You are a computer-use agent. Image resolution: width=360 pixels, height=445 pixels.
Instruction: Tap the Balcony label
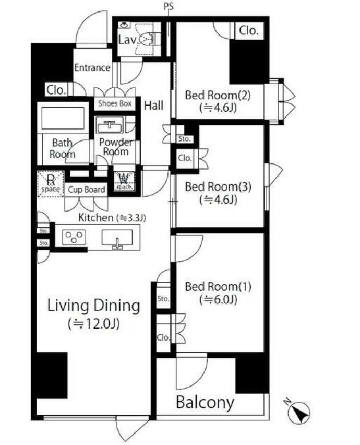[x=205, y=402]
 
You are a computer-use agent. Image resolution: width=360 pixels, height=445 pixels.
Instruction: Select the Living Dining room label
[x=93, y=306]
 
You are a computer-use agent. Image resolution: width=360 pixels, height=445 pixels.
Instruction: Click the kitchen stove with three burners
[x=74, y=237]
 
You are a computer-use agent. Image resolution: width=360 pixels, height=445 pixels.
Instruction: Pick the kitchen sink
[x=117, y=238]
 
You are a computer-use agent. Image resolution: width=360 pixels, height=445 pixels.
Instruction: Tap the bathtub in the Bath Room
[x=63, y=118]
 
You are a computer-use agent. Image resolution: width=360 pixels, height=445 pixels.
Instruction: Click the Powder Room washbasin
[x=110, y=125]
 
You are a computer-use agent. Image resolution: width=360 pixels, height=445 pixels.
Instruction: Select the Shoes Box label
[x=115, y=103]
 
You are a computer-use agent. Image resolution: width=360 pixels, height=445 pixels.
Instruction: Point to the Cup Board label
[x=86, y=190]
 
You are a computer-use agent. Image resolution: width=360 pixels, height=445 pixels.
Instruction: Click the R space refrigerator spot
[x=51, y=184]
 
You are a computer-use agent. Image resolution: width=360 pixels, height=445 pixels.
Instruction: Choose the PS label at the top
[x=169, y=6]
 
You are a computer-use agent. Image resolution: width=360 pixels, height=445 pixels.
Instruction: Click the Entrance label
[x=92, y=67]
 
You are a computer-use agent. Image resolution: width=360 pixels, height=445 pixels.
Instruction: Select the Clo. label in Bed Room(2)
[x=248, y=30]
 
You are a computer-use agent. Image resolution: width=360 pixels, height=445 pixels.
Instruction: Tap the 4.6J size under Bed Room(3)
[x=218, y=200]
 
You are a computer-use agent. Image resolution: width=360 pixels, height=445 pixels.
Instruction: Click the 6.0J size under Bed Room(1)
[x=218, y=300]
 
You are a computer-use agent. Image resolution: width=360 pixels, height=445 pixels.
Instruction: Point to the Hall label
[x=153, y=106]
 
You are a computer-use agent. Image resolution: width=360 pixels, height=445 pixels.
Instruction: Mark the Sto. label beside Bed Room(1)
[x=163, y=299]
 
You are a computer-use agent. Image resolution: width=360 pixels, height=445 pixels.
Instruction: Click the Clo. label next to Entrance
[x=56, y=90]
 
